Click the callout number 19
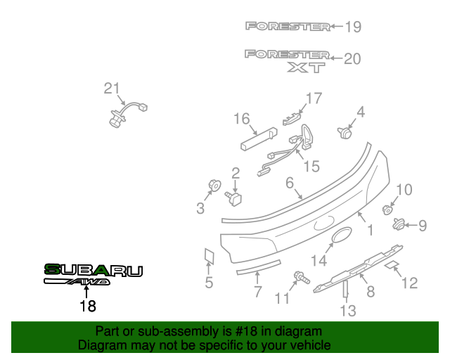pyautogui.click(x=352, y=27)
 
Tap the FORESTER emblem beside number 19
pyautogui.click(x=288, y=27)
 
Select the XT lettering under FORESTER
pyautogui.click(x=306, y=67)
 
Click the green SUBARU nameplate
pyautogui.click(x=93, y=270)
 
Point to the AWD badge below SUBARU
pyautogui.click(x=77, y=283)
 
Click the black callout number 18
pyautogui.click(x=87, y=306)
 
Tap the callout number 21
pyautogui.click(x=112, y=88)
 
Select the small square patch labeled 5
pyautogui.click(x=209, y=256)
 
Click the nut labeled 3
pyautogui.click(x=212, y=186)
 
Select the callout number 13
pyautogui.click(x=348, y=310)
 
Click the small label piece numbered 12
pyautogui.click(x=392, y=265)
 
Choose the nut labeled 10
pyautogui.click(x=386, y=209)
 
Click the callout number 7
pyautogui.click(x=258, y=291)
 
